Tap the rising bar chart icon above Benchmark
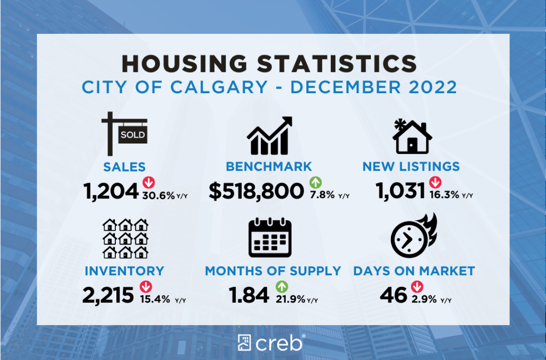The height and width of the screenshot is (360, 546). (269, 136)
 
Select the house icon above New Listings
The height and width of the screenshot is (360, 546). (412, 136)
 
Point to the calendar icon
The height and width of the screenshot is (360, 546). (270, 238)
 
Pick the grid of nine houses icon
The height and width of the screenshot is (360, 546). (125, 238)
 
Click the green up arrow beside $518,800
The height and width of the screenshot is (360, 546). (316, 183)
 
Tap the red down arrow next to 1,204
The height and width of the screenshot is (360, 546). (149, 183)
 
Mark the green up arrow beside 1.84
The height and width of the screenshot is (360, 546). (282, 287)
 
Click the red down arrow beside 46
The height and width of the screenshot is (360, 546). (417, 287)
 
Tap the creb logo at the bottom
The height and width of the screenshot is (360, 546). (271, 343)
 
